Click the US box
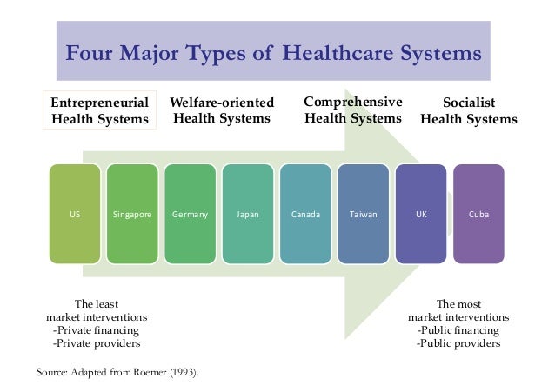74,214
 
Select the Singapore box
131,214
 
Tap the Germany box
190,214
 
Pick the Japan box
247,214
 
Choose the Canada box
305,214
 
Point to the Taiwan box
363,214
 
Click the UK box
421,214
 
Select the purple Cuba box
478,214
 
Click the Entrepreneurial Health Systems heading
100,110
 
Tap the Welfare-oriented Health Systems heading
221,110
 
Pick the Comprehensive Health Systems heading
352,110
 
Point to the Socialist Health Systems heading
469,110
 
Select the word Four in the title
91,54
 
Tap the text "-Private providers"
96,343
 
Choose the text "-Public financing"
458,330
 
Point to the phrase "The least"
96,304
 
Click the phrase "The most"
458,304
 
